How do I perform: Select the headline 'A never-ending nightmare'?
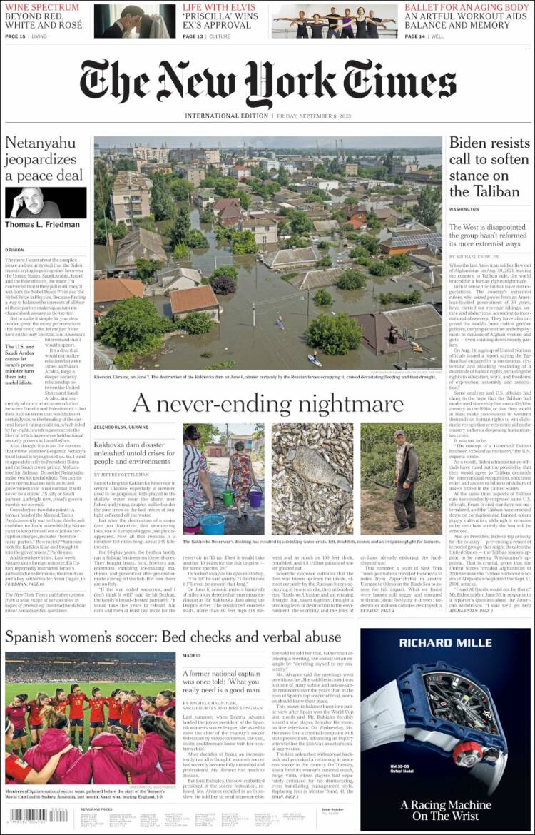coord(267,405)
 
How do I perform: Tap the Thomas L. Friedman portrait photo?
coord(46,203)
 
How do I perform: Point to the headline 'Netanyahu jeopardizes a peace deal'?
coord(44,159)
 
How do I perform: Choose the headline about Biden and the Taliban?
coord(489,167)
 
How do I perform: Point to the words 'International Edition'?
coord(226,116)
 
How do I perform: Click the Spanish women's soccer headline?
coord(173,636)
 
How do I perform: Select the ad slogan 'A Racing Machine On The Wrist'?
coord(445,810)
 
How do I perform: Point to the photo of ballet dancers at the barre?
coord(335,21)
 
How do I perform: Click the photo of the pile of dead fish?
coord(312,478)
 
